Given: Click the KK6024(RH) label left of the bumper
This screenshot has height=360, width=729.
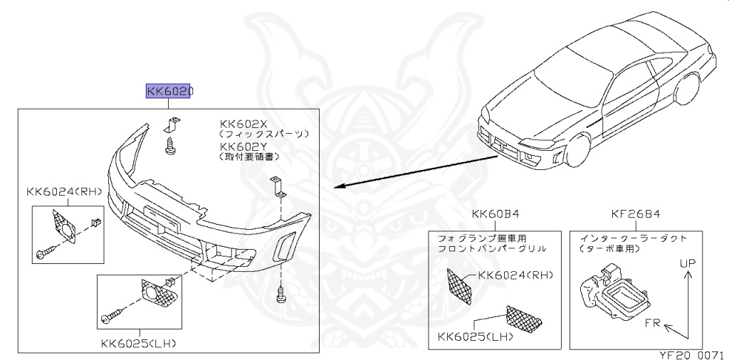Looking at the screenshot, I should tap(64, 191).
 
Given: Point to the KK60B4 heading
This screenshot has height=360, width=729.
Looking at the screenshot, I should tap(495, 214).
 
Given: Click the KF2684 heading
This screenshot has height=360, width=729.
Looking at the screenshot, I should tap(636, 214).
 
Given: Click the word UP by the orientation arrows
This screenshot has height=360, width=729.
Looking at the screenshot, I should tap(687, 263).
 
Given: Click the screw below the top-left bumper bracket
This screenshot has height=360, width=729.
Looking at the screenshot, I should tap(170, 147).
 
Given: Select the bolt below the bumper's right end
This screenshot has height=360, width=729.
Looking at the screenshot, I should tap(280, 292).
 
